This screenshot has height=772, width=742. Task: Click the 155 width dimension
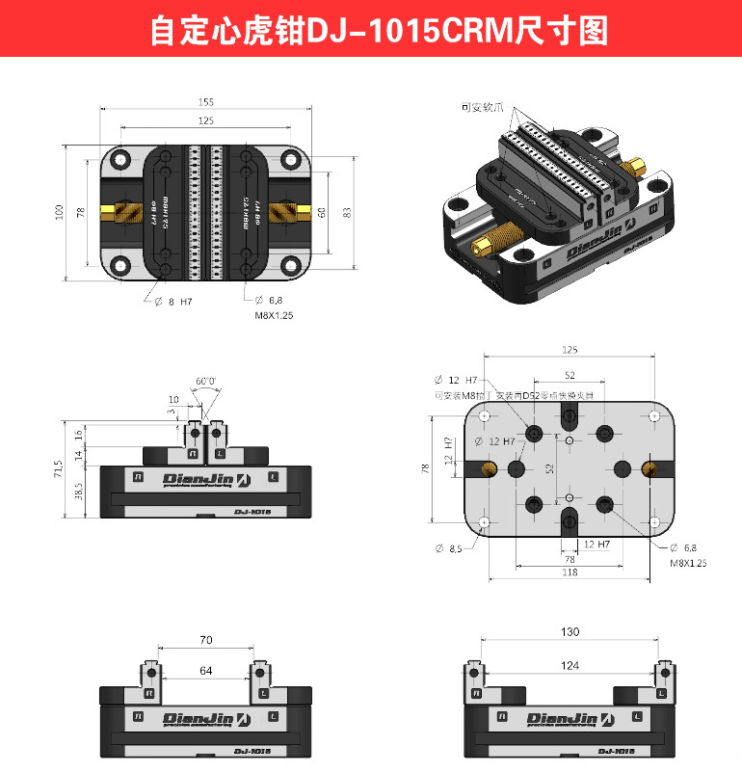pyautogui.click(x=206, y=102)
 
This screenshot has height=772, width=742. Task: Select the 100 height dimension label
pyautogui.click(x=59, y=210)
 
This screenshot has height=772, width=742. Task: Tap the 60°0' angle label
pyautogui.click(x=205, y=381)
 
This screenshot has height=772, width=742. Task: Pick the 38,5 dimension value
pyautogui.click(x=76, y=491)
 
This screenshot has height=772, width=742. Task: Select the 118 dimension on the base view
pyautogui.click(x=570, y=572)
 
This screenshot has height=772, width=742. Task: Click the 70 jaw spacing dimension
pyautogui.click(x=205, y=640)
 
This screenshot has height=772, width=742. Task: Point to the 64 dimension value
pyautogui.click(x=205, y=670)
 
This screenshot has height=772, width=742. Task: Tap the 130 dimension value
pyautogui.click(x=570, y=632)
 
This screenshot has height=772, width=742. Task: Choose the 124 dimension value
pyautogui.click(x=570, y=665)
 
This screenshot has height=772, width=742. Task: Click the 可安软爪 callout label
pyautogui.click(x=484, y=108)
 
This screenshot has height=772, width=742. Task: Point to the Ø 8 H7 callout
pyautogui.click(x=173, y=302)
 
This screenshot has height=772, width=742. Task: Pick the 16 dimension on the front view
pyautogui.click(x=78, y=435)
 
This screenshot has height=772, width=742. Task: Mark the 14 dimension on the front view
pyautogui.click(x=78, y=454)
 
